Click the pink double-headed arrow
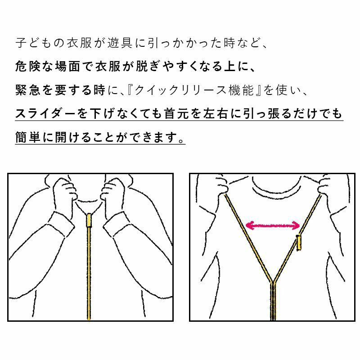click(273, 225)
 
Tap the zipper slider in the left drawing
click(89, 220)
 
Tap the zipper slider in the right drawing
click(299, 243)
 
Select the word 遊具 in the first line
click(120, 43)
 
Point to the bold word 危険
click(28, 67)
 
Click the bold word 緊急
click(28, 90)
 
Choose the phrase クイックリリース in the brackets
click(180, 90)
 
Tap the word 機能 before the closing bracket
click(241, 90)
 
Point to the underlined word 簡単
click(28, 137)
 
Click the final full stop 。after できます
click(181, 140)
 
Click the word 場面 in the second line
click(67, 67)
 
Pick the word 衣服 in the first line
click(80, 43)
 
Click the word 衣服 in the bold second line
click(108, 67)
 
